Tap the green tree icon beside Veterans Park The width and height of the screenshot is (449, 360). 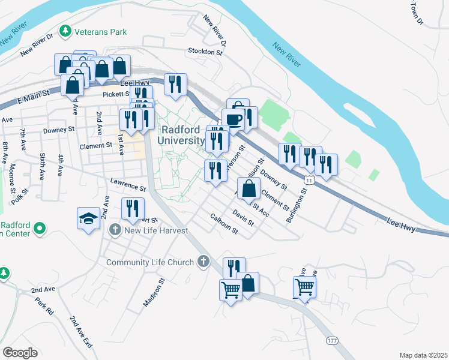click(65, 30)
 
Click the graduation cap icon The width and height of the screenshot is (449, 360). click(88, 217)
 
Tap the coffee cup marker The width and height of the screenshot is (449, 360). click(234, 119)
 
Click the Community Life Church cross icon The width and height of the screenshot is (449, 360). click(203, 262)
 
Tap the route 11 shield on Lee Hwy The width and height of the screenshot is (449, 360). click(308, 179)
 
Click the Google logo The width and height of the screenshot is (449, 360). click(20, 353)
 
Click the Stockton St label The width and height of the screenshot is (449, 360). click(205, 52)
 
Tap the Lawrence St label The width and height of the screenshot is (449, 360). click(128, 184)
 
